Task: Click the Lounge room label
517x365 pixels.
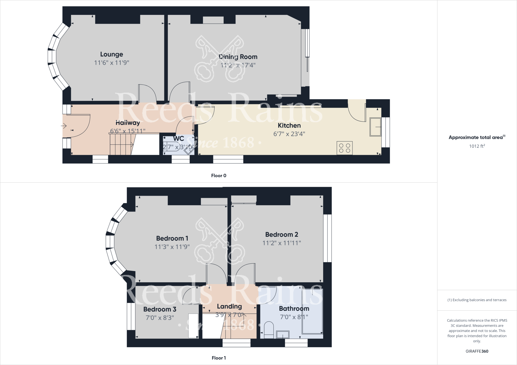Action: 112,54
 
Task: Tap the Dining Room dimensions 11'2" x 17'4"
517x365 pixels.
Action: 238,65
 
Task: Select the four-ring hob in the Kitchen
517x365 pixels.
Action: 345,148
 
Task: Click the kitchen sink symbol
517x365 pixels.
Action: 375,127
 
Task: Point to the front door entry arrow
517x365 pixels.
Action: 64,125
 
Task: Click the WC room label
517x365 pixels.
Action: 178,139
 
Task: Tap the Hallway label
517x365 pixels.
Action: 127,123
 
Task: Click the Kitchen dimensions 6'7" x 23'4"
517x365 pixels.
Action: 289,134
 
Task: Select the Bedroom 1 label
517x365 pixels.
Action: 172,238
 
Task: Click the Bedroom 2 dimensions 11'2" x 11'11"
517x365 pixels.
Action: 281,243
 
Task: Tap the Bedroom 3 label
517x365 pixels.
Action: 160,309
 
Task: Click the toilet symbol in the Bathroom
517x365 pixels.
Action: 269,330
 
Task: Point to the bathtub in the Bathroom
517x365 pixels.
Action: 313,311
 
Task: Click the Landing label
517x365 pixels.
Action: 229,306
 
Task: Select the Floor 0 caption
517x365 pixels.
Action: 219,176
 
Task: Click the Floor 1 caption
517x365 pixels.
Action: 219,358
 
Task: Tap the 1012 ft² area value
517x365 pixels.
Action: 477,146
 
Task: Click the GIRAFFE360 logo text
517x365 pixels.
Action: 477,351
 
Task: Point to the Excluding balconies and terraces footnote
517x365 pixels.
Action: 477,300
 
